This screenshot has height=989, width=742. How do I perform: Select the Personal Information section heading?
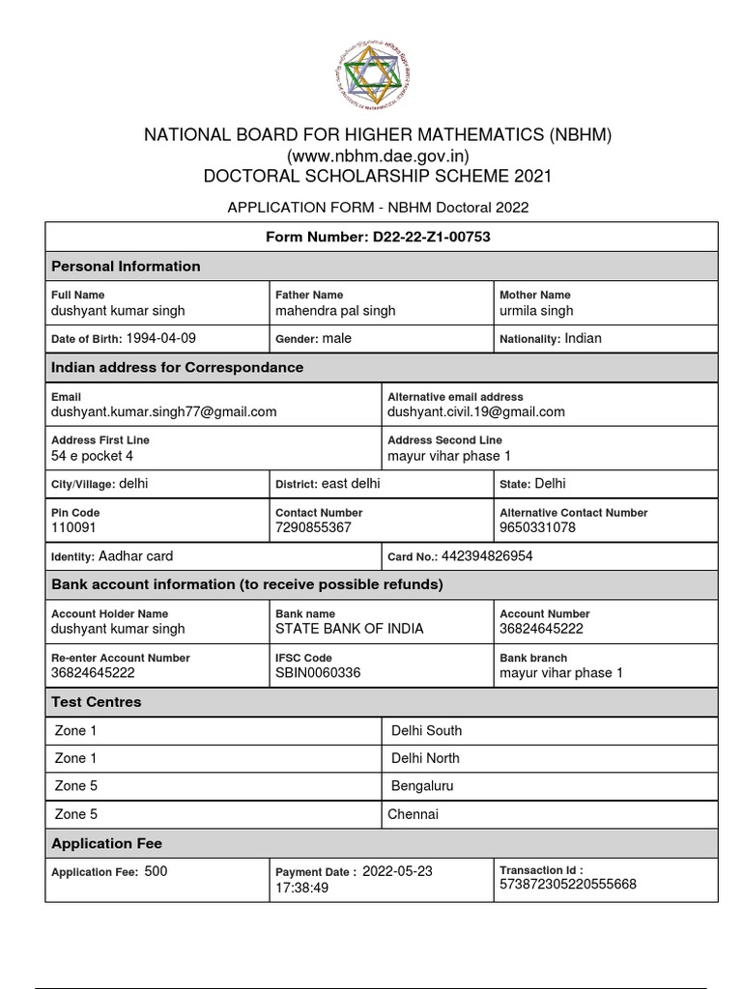(126, 267)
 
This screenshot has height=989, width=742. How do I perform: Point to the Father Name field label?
(309, 295)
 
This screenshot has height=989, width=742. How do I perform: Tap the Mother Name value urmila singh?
(536, 311)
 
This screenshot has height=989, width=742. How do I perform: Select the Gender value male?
(337, 338)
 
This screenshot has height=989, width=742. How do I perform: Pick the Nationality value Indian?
(583, 338)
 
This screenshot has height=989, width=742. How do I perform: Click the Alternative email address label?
(455, 397)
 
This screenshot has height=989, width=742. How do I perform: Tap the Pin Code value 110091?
(73, 528)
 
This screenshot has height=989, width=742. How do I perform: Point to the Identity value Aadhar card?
(135, 556)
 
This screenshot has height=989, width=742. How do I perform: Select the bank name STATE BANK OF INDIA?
(349, 629)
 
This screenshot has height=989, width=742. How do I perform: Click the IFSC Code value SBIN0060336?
(318, 672)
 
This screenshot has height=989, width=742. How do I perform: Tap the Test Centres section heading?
(96, 702)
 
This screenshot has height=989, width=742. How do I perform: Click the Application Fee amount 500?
(156, 871)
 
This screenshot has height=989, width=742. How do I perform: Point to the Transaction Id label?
(541, 870)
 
